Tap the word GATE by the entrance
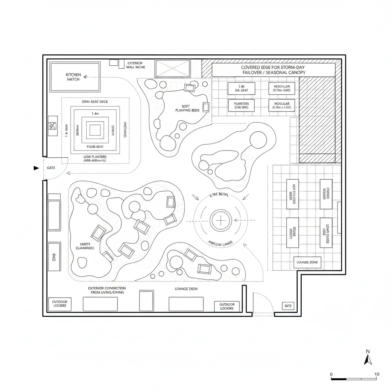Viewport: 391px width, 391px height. (51, 168)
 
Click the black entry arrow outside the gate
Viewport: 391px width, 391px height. (36, 168)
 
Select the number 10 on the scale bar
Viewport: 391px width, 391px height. (376, 374)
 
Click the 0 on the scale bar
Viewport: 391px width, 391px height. (331, 374)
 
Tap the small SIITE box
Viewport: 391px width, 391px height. (288, 305)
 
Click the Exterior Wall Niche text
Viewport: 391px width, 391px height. (135, 65)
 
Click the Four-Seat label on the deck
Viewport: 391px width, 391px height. (95, 147)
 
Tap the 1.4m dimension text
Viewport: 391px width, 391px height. (95, 114)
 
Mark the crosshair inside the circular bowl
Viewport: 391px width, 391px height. (221, 220)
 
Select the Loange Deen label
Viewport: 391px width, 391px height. (186, 289)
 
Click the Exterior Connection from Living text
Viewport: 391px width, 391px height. (107, 290)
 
